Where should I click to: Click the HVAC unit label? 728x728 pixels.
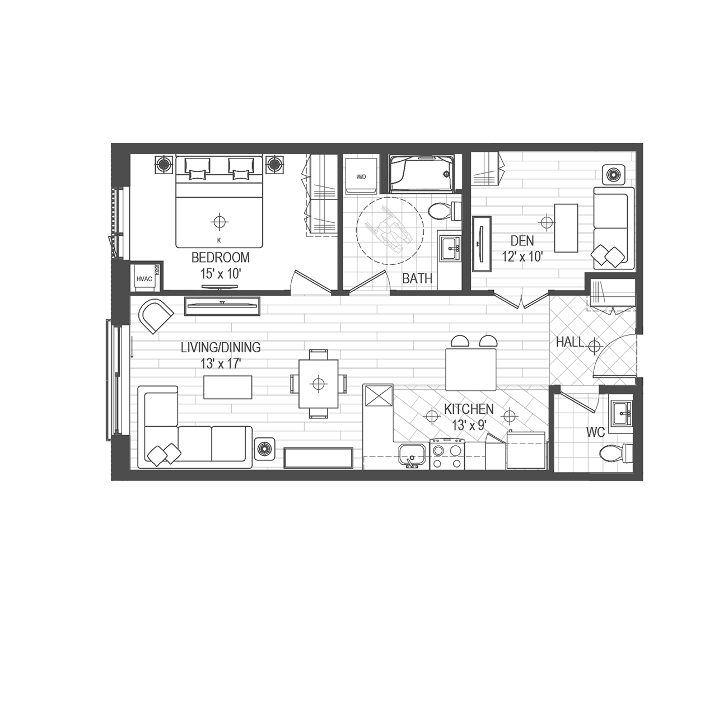[144, 279]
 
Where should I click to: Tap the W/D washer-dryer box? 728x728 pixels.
[361, 176]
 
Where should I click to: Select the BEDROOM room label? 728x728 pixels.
[221, 257]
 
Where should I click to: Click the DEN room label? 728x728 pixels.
[522, 240]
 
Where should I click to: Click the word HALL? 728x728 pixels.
[570, 343]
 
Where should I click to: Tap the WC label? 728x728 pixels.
[596, 432]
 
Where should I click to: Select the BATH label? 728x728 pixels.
[417, 278]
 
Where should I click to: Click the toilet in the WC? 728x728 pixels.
[615, 453]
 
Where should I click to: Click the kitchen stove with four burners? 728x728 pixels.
[447, 455]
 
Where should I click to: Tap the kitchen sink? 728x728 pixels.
[413, 456]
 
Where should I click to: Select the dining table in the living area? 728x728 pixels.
[319, 384]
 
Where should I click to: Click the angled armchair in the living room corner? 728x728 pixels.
[155, 316]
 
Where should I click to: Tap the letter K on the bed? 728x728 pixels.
[219, 240]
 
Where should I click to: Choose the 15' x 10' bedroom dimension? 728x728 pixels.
[221, 273]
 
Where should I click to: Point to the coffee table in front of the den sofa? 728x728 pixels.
[566, 228]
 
